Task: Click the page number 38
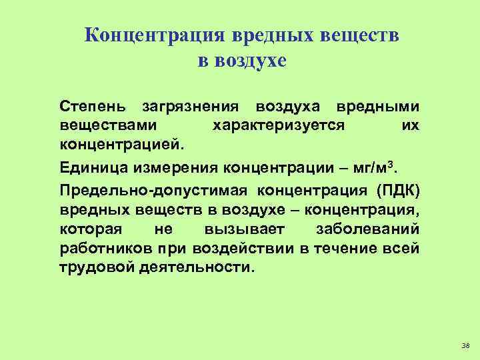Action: tap(465, 345)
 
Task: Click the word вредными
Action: tap(377, 107)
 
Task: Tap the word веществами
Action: tap(109, 125)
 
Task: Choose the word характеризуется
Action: tap(277, 125)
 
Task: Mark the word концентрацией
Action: tap(121, 144)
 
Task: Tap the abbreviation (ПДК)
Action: tap(397, 190)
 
